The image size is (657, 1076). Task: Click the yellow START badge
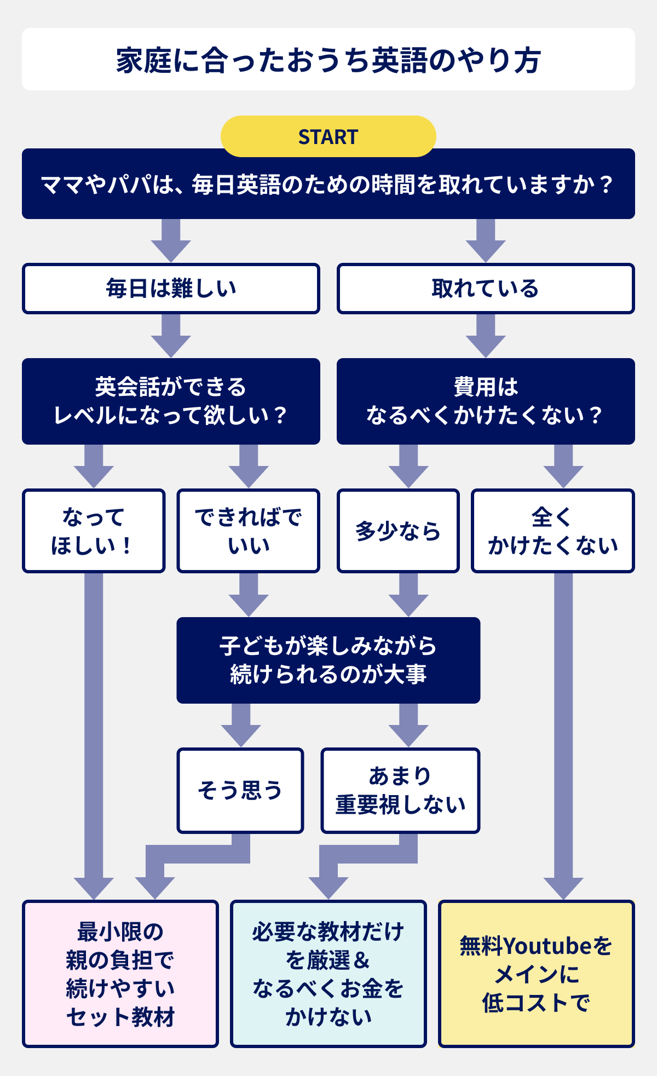tap(328, 136)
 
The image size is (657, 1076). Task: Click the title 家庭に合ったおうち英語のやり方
tap(328, 60)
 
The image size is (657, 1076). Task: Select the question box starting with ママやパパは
tap(328, 184)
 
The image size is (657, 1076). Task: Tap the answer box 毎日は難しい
tap(171, 289)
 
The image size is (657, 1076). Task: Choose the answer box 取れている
tap(485, 289)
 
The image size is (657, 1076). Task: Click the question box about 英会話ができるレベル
tap(171, 401)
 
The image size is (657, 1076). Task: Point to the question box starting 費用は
tap(485, 401)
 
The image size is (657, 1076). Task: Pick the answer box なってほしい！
tap(94, 531)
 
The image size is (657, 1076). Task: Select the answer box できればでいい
tap(248, 531)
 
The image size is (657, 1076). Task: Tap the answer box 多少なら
tap(398, 531)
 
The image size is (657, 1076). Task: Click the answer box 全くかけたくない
tap(552, 531)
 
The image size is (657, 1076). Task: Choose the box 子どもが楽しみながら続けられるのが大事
tap(328, 660)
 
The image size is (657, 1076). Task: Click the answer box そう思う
tap(240, 790)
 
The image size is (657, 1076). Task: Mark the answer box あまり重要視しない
tap(400, 790)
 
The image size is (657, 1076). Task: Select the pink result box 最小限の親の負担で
tap(120, 974)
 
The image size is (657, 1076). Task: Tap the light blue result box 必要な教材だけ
tap(328, 974)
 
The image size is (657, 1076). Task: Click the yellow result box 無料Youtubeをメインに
tap(536, 974)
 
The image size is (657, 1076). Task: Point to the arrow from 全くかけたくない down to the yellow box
tap(563, 734)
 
